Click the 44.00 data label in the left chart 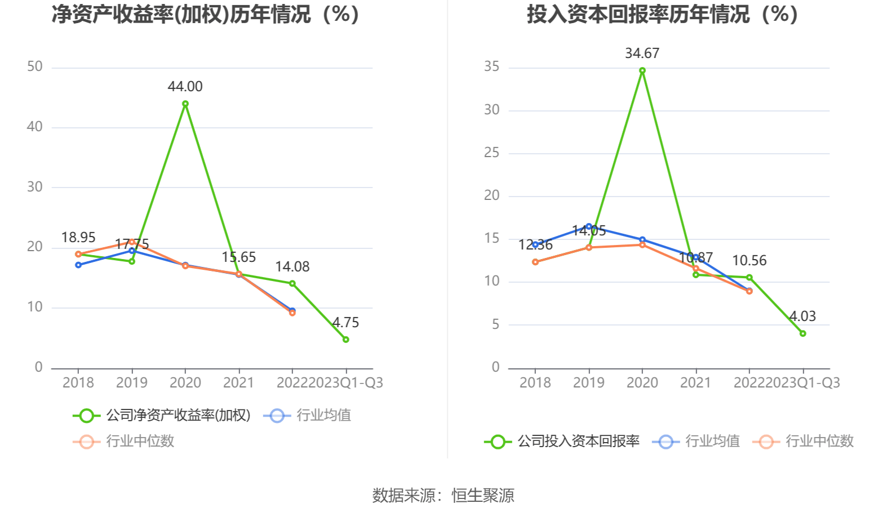click(185, 87)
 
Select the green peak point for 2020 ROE click(185, 104)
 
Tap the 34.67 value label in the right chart click(642, 54)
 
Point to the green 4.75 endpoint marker click(345, 340)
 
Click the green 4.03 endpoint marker click(802, 333)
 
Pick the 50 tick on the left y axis click(35, 67)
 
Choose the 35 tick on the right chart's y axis click(491, 67)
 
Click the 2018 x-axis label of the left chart click(78, 383)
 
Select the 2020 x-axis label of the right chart click(642, 383)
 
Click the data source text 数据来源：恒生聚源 click(443, 496)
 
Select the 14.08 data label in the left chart click(292, 267)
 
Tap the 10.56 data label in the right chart click(749, 261)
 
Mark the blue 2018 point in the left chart click(78, 265)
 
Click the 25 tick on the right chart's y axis click(491, 153)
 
